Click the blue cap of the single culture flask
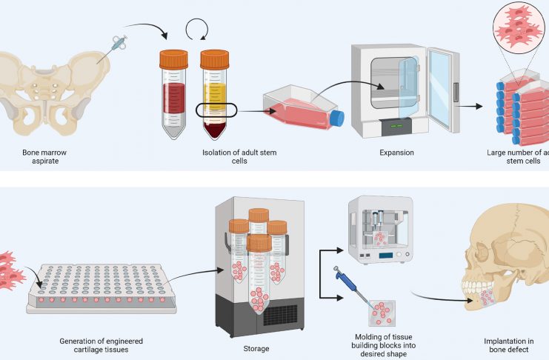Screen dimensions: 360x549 click(336, 118)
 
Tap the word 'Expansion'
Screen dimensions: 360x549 click(399, 153)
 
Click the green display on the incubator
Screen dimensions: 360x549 click(393, 125)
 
